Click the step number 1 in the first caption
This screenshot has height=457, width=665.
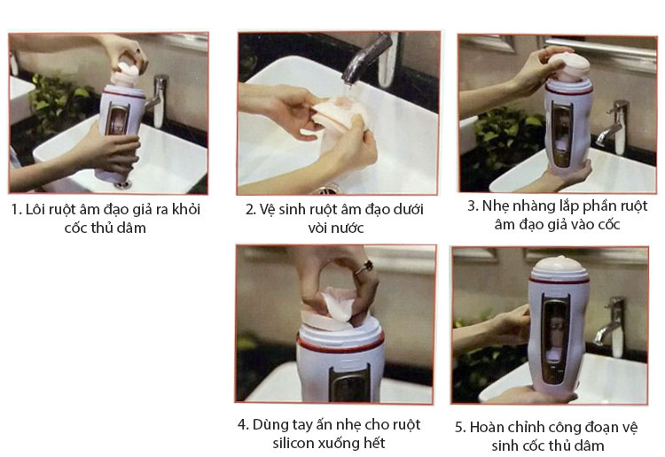point(16,211)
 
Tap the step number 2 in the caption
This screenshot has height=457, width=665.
point(251,210)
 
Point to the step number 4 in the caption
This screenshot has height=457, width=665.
point(242,423)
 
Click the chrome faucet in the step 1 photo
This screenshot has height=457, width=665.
point(157,97)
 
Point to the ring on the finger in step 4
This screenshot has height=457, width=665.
point(363,266)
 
